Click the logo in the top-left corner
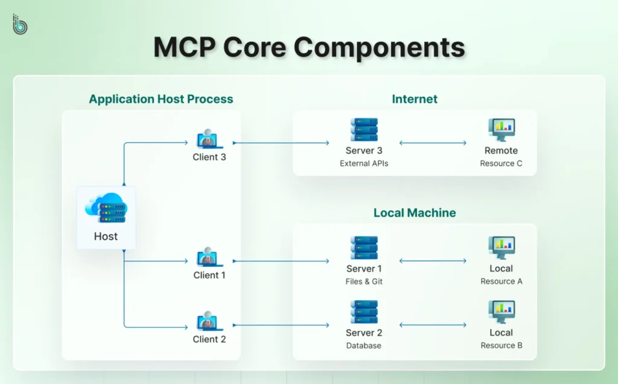coord(20,24)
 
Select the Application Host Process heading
coord(161,99)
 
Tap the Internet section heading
coord(415,99)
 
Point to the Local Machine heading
coord(415,213)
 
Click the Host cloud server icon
coord(106,208)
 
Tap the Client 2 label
coord(209,339)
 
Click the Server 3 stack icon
coord(364,130)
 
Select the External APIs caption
coord(364,164)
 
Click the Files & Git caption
coord(364,281)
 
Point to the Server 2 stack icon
coord(364,312)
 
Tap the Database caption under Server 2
coord(364,346)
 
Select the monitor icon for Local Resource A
coord(501,248)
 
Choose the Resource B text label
coord(501,346)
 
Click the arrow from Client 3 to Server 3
coord(281,143)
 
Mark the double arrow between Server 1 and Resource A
coord(433,261)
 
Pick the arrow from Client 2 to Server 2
coord(281,325)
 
